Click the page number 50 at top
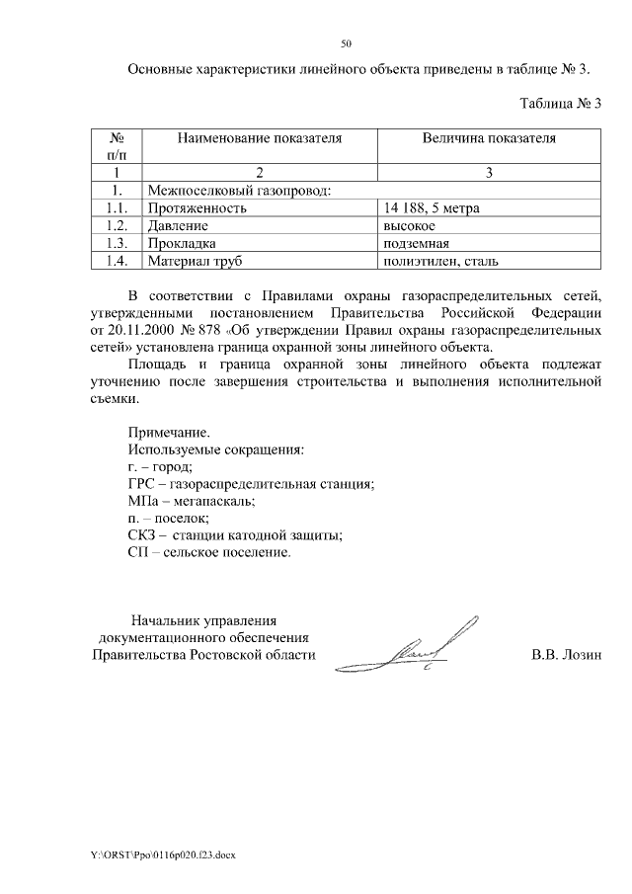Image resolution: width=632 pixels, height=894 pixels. [346, 43]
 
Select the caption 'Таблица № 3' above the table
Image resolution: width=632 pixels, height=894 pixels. [560, 103]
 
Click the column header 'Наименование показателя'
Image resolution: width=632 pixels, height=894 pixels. [260, 138]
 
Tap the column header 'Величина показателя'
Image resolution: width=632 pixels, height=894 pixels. [489, 138]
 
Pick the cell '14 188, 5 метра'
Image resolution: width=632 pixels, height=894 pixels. [434, 207]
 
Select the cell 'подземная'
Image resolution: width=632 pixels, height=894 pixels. [416, 243]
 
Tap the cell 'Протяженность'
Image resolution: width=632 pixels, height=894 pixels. [196, 207]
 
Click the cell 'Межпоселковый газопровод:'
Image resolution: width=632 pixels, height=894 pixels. [238, 190]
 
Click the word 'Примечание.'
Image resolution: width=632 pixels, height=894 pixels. [169, 432]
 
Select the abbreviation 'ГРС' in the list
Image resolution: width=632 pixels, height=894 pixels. [142, 483]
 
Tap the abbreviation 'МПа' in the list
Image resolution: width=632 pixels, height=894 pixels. [144, 501]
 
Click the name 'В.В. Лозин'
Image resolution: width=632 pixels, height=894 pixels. [566, 655]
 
